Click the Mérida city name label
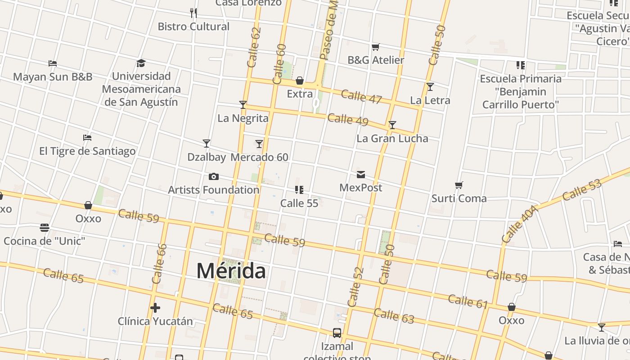(231, 271)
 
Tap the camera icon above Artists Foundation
(214, 176)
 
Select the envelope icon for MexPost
(361, 175)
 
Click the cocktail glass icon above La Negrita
(243, 105)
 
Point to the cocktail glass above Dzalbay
(207, 144)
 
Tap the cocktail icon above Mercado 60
(259, 144)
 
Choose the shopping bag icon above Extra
(300, 81)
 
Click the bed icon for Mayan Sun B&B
(53, 63)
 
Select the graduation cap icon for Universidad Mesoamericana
(141, 63)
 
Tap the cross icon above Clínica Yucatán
(155, 308)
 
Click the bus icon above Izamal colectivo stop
(337, 333)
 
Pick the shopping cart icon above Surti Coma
(459, 185)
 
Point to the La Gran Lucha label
(392, 138)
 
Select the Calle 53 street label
(581, 189)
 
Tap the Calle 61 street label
(468, 301)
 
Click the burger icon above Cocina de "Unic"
(45, 228)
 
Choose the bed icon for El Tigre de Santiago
(87, 137)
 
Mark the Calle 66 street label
(160, 264)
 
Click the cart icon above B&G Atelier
(376, 47)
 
